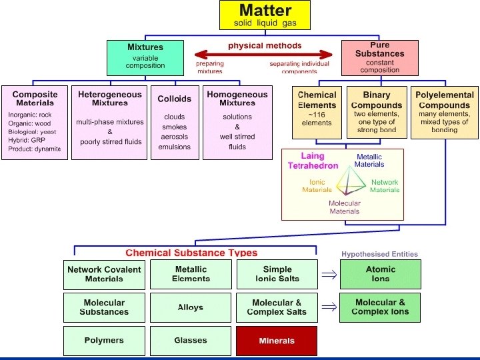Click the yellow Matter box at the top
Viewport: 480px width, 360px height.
coord(265,15)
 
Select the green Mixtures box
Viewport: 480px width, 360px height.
coord(145,57)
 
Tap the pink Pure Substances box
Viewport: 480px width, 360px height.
coord(379,57)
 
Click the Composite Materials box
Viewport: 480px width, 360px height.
coord(35,122)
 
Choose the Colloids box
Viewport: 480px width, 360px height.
coord(174,122)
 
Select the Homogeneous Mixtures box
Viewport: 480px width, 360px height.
coord(237,122)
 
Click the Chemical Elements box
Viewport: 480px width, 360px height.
coord(317,111)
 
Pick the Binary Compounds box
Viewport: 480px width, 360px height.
coord(376,111)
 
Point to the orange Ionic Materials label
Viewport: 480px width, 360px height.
coord(317,186)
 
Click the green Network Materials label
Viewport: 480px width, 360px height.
coord(385,186)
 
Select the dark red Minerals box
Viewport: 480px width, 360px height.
coord(276,341)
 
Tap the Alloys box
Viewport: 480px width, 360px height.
coord(190,308)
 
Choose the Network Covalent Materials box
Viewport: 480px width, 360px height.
coord(104,274)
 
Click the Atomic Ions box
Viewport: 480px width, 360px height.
coord(380,274)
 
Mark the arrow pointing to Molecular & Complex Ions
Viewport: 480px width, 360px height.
coord(327,307)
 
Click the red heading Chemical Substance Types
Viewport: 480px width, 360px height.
coord(191,253)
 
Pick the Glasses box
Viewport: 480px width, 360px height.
coord(190,341)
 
